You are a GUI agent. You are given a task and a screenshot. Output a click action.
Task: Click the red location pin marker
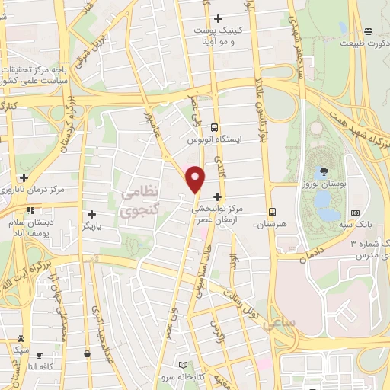[196, 179]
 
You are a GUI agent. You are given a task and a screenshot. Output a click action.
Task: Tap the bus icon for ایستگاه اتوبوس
[216, 128]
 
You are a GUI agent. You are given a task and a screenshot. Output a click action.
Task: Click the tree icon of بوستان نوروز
[325, 171]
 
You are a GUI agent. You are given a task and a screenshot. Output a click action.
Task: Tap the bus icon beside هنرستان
[271, 213]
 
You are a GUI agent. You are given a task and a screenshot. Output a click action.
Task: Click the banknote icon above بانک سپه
[355, 213]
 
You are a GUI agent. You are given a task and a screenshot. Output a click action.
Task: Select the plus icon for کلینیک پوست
[219, 18]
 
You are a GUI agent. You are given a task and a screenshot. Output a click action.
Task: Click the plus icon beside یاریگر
[92, 214]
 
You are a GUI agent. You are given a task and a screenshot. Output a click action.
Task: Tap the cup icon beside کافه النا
[40, 355]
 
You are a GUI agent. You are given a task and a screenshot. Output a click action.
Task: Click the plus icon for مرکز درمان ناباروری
[24, 177]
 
